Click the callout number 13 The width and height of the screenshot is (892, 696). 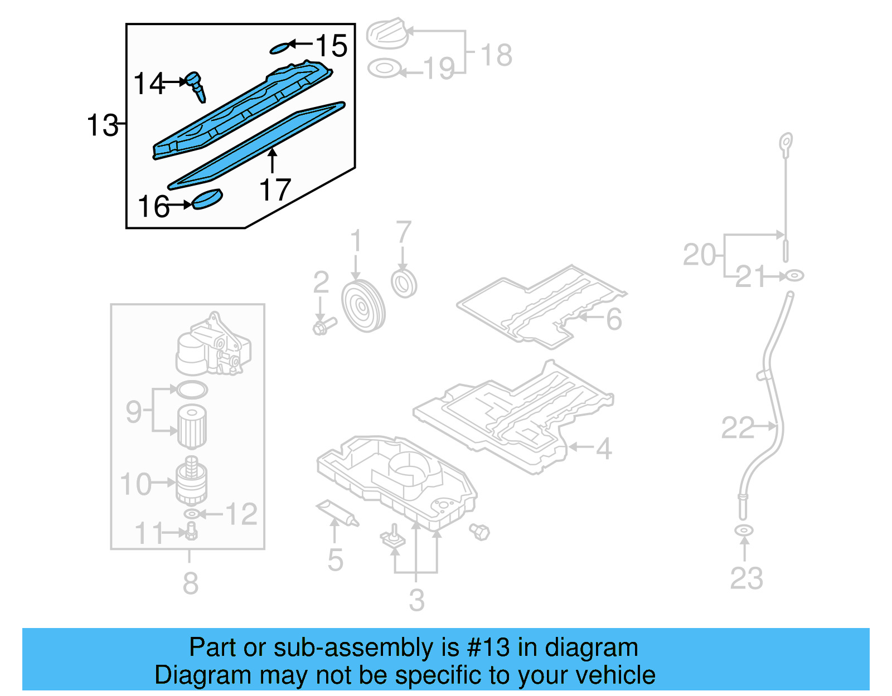pyautogui.click(x=103, y=125)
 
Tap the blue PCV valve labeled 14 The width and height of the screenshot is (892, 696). pyautogui.click(x=197, y=86)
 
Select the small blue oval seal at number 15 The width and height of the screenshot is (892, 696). pyautogui.click(x=280, y=48)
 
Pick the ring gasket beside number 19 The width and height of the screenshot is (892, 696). pyautogui.click(x=384, y=69)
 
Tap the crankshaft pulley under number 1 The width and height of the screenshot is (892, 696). pyautogui.click(x=362, y=306)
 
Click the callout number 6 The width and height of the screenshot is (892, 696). pyautogui.click(x=613, y=319)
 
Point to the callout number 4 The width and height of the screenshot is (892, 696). pyautogui.click(x=604, y=448)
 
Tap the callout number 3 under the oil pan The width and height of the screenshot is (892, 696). pyautogui.click(x=416, y=600)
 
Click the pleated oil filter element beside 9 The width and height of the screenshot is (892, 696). pyautogui.click(x=192, y=426)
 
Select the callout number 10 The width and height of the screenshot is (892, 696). pyautogui.click(x=135, y=484)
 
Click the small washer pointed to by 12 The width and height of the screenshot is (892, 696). pyautogui.click(x=191, y=513)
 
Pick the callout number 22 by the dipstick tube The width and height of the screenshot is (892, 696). pyautogui.click(x=737, y=428)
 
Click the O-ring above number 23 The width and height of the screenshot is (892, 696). pyautogui.click(x=744, y=529)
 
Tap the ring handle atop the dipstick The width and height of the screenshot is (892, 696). pyautogui.click(x=786, y=142)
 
